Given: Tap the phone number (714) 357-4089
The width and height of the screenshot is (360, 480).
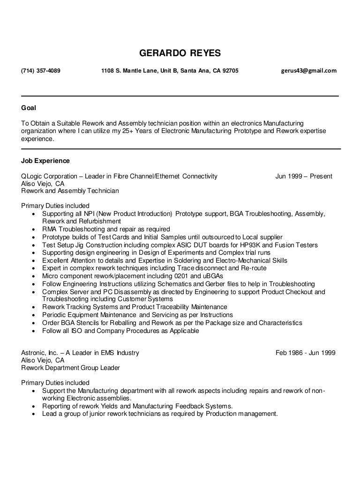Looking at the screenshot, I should (41, 71).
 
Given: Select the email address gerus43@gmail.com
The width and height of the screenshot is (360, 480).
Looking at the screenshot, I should (308, 71).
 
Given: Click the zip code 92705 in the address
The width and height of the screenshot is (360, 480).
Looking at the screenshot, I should (229, 71).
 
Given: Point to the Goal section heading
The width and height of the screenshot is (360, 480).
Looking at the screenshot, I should (29, 108).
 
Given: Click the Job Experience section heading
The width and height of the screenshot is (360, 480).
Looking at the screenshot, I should (45, 161).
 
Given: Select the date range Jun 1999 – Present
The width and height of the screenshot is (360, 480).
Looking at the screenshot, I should (304, 177).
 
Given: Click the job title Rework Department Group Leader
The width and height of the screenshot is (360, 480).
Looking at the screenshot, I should (71, 368).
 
